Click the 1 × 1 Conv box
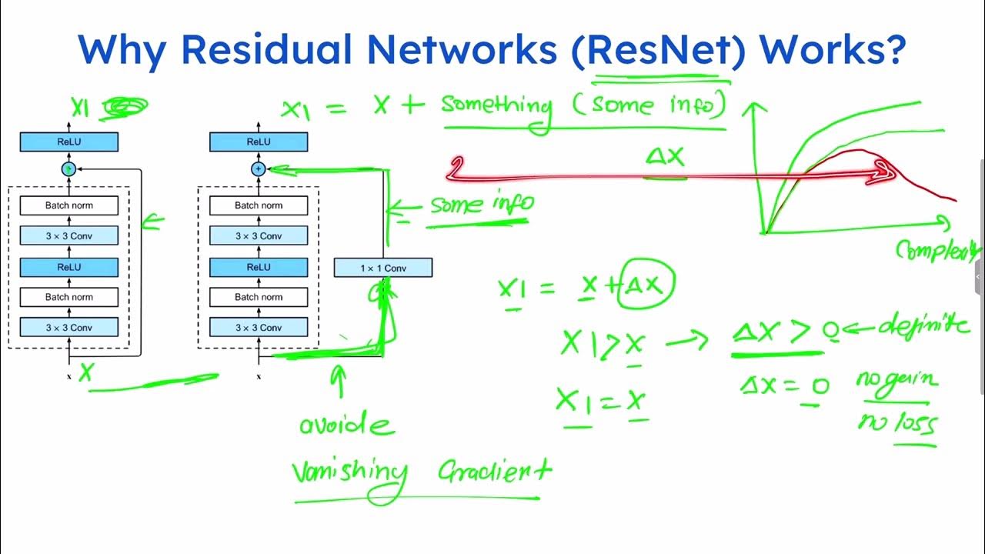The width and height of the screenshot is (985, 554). (x=382, y=268)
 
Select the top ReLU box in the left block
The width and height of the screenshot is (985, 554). (x=69, y=142)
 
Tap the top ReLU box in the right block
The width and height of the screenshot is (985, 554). (x=259, y=142)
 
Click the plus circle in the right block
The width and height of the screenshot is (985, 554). (x=259, y=169)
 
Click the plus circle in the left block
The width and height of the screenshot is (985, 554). (x=69, y=169)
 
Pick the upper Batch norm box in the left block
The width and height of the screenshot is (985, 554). (x=69, y=205)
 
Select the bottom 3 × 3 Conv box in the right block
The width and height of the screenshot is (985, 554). (x=259, y=328)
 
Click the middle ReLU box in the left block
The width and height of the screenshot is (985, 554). (x=69, y=267)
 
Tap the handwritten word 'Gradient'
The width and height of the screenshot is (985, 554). (x=494, y=471)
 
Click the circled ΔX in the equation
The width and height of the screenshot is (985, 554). (x=649, y=285)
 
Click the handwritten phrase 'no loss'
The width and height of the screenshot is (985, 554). (x=897, y=423)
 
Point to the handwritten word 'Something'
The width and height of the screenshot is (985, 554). (x=497, y=106)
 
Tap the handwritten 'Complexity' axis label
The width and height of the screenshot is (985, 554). (x=937, y=250)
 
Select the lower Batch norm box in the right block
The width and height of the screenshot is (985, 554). (x=259, y=297)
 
